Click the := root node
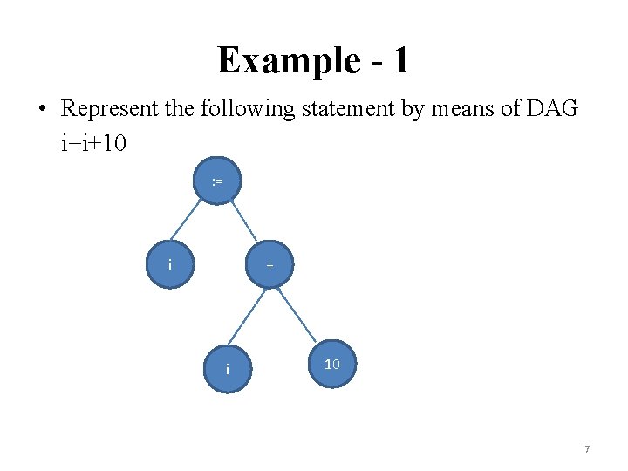click(217, 181)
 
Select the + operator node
click(270, 263)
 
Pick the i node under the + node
click(228, 369)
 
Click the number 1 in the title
click(400, 61)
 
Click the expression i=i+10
click(94, 142)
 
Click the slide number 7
click(587, 449)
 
